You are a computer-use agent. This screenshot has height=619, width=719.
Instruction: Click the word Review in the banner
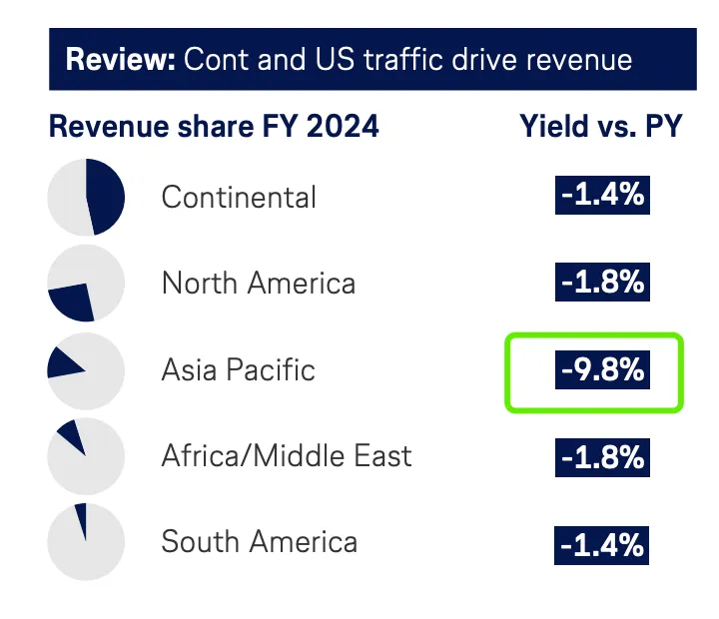click(120, 59)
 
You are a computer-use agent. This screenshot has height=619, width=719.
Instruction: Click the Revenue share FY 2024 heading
click(214, 127)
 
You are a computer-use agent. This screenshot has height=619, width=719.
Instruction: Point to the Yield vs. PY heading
click(600, 127)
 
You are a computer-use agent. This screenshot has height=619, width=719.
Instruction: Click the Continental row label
click(239, 197)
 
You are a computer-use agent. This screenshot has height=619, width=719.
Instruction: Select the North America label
click(258, 284)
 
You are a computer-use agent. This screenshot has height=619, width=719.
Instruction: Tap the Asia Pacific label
click(238, 370)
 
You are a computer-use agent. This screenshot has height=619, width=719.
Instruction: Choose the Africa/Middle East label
click(287, 456)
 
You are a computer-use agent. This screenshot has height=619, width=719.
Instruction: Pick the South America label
click(259, 542)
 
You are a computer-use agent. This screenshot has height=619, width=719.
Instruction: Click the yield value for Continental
click(602, 195)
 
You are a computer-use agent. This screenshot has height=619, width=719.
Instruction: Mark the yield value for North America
click(602, 282)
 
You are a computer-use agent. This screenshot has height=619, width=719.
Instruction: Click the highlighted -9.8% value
click(602, 370)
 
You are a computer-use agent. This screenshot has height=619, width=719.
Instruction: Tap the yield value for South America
click(602, 545)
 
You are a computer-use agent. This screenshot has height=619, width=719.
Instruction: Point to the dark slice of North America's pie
click(72, 300)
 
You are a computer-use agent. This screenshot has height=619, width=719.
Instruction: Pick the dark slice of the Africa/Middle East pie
click(72, 436)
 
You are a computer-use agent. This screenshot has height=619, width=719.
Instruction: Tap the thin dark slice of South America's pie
click(82, 519)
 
